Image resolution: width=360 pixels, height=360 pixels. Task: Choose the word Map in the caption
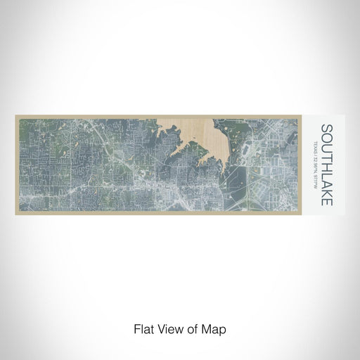[x=216, y=328]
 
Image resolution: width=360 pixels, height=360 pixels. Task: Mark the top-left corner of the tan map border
[x=15, y=116]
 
